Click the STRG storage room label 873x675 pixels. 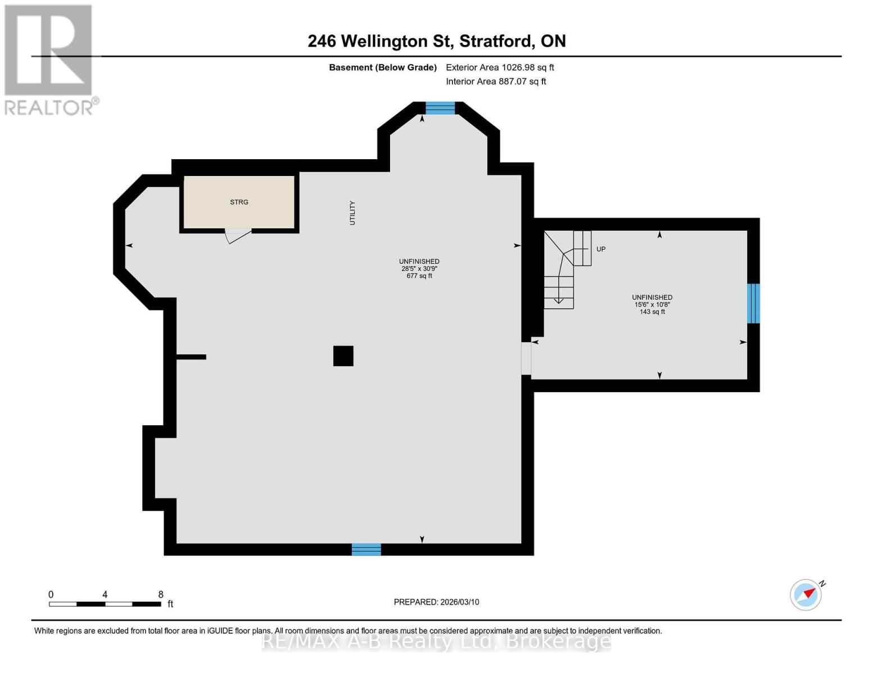(x=239, y=202)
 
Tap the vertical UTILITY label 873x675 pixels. (x=352, y=213)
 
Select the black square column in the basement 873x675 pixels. (x=343, y=356)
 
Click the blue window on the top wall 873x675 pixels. (x=440, y=108)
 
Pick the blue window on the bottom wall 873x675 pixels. (x=366, y=550)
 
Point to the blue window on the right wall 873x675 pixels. (x=753, y=303)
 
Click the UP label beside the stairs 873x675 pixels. (x=601, y=249)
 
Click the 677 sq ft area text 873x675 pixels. (x=419, y=276)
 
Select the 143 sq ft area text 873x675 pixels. (x=652, y=312)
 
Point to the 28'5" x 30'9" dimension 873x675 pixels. (x=419, y=269)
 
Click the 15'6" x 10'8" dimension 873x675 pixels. (x=652, y=304)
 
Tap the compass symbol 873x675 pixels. (x=806, y=595)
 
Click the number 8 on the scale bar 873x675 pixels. (x=161, y=595)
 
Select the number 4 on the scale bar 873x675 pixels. (x=105, y=595)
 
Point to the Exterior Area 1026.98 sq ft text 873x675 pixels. (x=500, y=67)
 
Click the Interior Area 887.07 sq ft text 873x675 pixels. (x=496, y=82)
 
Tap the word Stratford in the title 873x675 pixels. (x=495, y=41)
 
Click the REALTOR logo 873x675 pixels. (x=49, y=60)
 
